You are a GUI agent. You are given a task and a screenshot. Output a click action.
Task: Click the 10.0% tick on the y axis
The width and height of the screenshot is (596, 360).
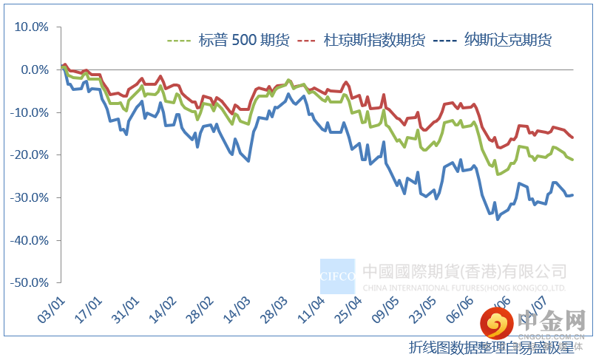pos(32,27)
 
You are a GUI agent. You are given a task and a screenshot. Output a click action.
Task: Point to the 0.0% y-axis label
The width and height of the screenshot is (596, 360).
pos(34,70)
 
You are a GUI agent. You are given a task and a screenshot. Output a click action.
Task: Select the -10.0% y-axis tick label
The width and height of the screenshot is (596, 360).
pos(30,113)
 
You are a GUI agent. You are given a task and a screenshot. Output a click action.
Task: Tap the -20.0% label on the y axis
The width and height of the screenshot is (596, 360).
pos(30,155)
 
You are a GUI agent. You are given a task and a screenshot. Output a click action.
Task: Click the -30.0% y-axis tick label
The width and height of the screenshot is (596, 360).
pos(30,198)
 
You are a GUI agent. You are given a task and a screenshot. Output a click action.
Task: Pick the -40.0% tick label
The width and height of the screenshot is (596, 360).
pos(30,241)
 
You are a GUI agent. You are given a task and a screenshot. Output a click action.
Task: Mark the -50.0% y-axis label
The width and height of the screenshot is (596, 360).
pos(30,283)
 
